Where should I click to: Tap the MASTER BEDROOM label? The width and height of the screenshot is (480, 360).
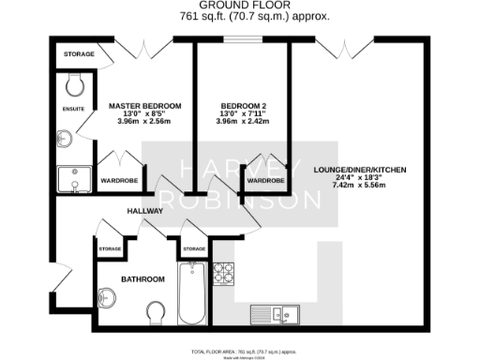[144, 105]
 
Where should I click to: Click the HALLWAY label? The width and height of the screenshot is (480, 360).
[144, 211]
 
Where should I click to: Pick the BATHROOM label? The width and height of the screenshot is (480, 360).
[143, 279]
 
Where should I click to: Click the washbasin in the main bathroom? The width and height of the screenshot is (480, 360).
[108, 300]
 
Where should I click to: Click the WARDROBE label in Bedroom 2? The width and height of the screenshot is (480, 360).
[265, 180]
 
